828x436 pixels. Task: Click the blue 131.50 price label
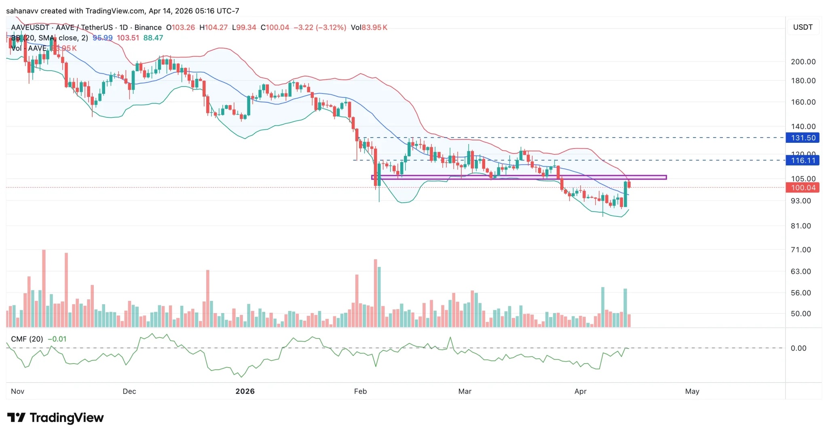803,138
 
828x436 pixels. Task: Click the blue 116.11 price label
803,161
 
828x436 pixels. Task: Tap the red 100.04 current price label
803,188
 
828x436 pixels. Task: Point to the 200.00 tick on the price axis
803,62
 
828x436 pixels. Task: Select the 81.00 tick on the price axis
801,226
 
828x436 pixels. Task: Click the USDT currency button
803,27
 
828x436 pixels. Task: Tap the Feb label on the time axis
360,392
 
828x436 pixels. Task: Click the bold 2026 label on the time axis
245,392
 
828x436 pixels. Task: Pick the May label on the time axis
692,392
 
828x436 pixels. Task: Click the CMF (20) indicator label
27,339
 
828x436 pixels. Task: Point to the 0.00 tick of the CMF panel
798,348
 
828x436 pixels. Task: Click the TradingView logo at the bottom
55,418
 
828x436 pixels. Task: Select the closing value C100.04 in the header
275,28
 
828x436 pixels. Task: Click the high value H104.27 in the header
213,28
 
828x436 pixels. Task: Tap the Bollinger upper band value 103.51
128,38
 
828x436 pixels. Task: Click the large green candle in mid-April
625,195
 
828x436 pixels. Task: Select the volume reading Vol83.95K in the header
369,28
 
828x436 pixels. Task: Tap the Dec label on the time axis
129,392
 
